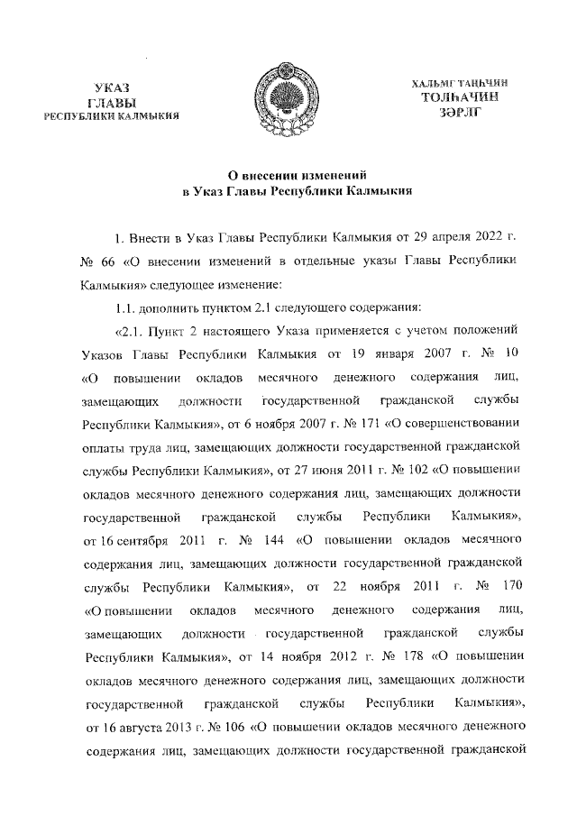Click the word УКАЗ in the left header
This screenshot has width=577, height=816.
click(x=113, y=87)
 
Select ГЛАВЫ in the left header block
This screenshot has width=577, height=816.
click(x=113, y=102)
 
